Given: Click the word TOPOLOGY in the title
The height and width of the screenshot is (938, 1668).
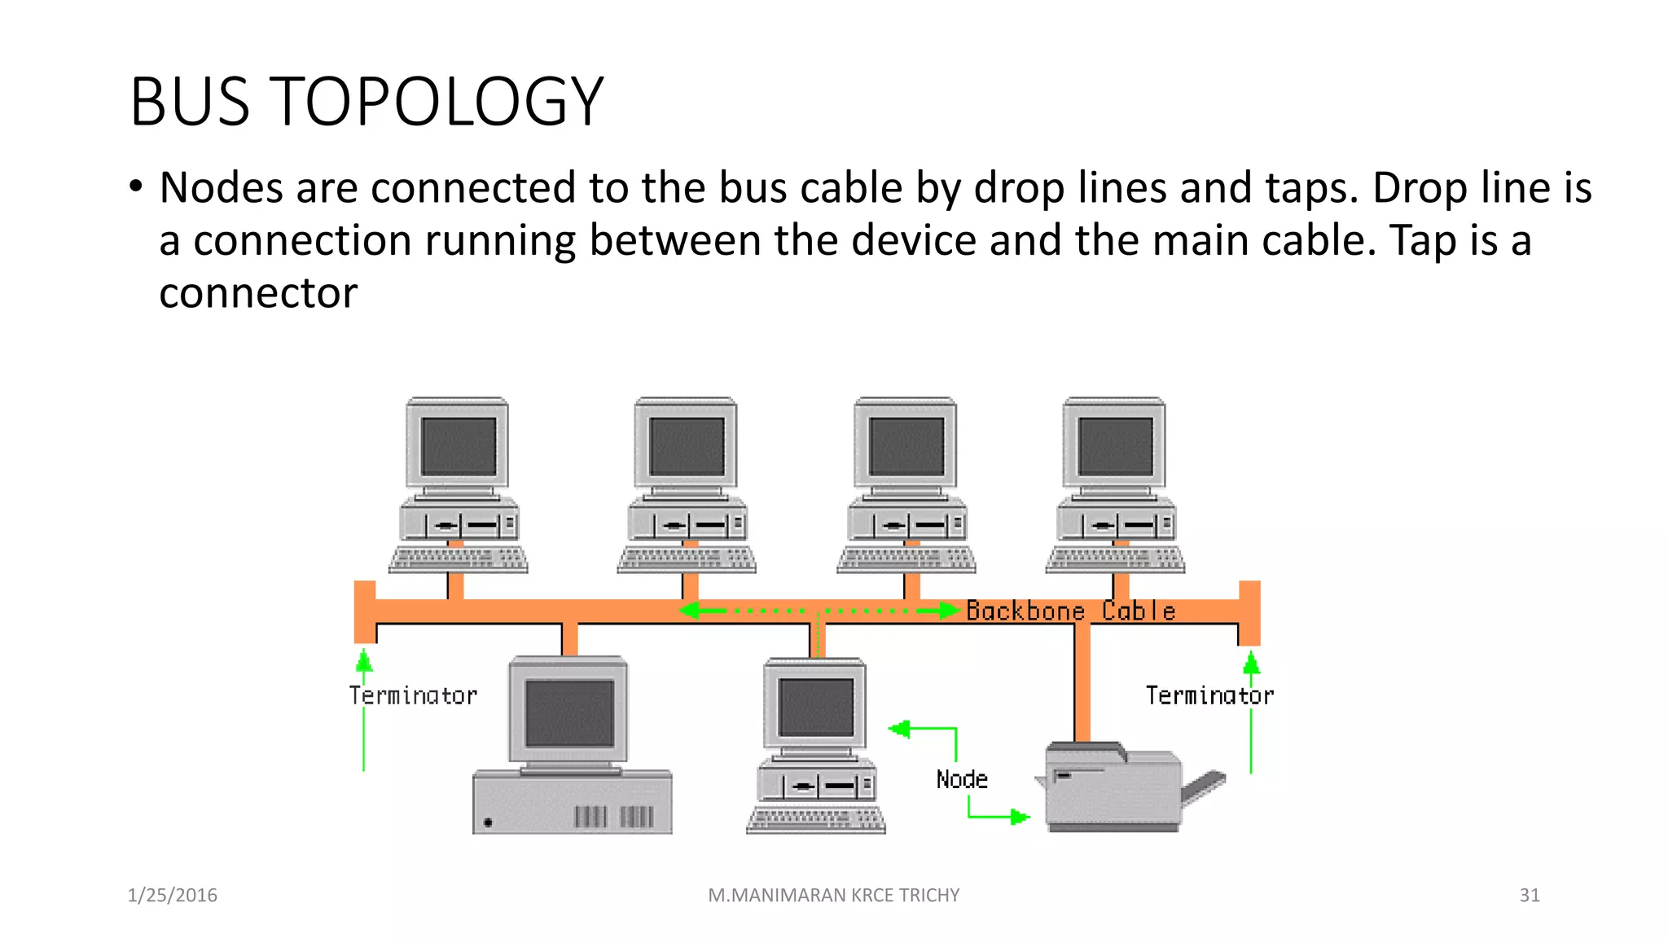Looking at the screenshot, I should (x=435, y=103).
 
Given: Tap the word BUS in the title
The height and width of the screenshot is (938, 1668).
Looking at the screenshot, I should (x=189, y=103).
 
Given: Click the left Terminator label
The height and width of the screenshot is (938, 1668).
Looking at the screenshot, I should (x=413, y=696).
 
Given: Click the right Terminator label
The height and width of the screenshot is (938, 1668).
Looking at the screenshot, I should (x=1209, y=696).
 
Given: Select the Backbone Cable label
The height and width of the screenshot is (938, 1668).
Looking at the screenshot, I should (x=1070, y=611).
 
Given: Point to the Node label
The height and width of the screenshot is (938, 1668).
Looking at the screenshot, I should (x=962, y=780).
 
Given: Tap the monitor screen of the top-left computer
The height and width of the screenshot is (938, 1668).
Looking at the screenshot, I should (x=459, y=446).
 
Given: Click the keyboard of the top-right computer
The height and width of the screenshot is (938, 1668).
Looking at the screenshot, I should (x=1115, y=559).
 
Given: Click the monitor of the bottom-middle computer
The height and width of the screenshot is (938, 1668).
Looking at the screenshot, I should (x=815, y=707).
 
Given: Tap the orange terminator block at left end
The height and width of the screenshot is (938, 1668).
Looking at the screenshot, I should (x=365, y=612).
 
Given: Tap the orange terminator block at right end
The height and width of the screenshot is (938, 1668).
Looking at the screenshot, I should (x=1249, y=612).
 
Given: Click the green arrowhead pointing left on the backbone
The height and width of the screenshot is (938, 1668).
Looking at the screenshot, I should (x=691, y=611).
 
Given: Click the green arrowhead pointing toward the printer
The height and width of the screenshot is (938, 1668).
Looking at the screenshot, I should (x=1019, y=816).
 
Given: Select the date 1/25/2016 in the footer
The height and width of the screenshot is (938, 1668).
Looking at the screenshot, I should (x=173, y=896).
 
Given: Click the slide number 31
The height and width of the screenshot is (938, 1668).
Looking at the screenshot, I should (x=1529, y=896).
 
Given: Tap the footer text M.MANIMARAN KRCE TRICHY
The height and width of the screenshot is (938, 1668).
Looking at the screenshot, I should (x=833, y=896).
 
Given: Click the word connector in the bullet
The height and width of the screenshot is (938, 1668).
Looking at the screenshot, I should (x=258, y=294).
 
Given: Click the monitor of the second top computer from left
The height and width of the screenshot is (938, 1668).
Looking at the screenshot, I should (x=687, y=446).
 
